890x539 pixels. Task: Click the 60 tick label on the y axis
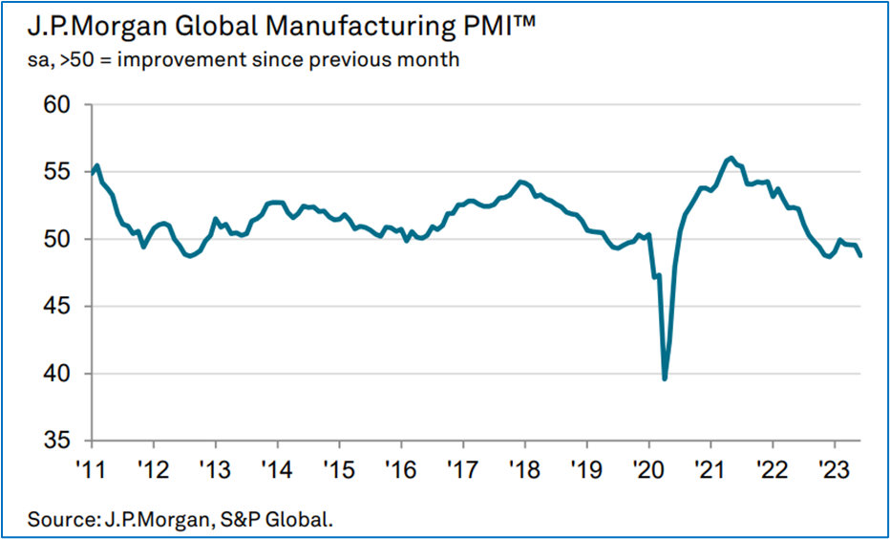62,103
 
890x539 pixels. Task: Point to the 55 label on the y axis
62,172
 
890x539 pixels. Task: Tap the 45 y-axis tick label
62,307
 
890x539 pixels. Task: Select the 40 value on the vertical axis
62,374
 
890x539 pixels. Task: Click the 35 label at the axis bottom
62,441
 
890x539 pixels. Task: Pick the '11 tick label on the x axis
92,470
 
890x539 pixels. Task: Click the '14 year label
278,470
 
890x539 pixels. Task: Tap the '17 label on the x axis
463,470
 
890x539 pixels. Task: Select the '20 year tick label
649,470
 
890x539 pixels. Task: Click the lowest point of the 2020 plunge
665,379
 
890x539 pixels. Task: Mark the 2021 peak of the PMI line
731,158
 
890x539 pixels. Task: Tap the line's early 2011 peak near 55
98,165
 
